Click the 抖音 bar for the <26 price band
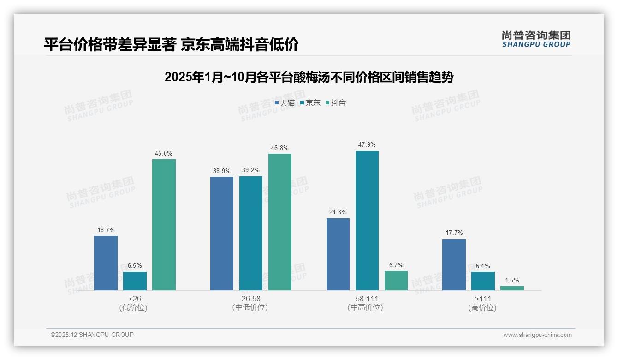[x=164, y=225]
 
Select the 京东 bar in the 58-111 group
[x=367, y=221]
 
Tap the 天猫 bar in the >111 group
[x=454, y=264]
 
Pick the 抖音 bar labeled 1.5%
[x=512, y=288]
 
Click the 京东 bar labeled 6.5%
[x=135, y=281]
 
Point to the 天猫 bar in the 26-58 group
[x=222, y=234]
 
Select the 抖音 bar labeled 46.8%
[x=280, y=222]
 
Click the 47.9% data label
[x=367, y=145]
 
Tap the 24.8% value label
[x=338, y=212]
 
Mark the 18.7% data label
[x=106, y=230]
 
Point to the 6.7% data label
[x=396, y=265]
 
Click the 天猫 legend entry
[x=285, y=103]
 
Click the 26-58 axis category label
[x=250, y=299]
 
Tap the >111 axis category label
[x=483, y=299]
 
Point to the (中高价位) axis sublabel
[x=365, y=307]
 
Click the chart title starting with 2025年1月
[x=309, y=77]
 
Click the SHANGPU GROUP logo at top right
[x=536, y=39]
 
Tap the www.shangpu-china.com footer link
[x=537, y=335]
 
